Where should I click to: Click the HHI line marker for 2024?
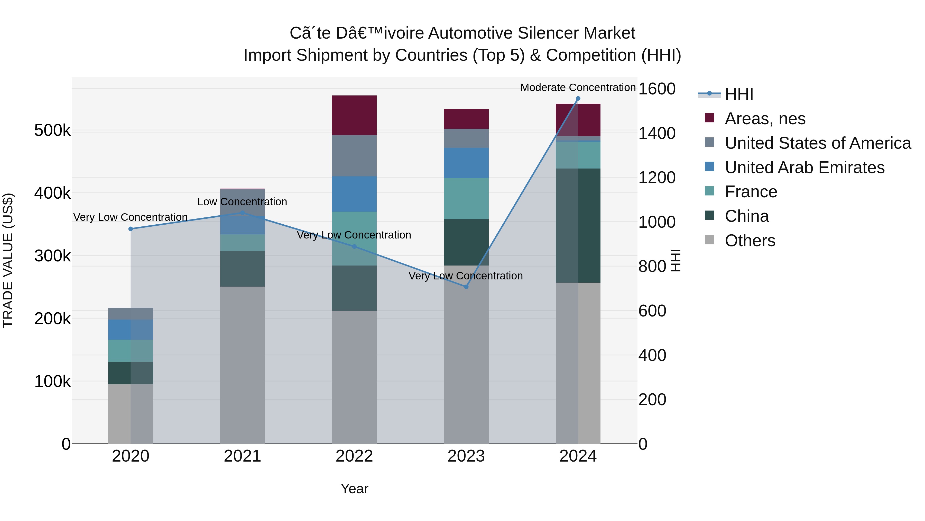[578, 99]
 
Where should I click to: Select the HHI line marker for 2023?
[466, 287]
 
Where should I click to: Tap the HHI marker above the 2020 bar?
[131, 229]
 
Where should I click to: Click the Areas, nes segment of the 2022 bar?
[354, 115]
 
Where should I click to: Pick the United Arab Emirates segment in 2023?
[466, 163]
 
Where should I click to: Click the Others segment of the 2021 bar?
[242, 365]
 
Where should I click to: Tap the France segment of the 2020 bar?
[131, 351]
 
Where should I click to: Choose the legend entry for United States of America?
[818, 143]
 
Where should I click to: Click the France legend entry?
[751, 192]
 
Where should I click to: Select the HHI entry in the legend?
[739, 94]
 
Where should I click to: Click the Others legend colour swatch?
[709, 240]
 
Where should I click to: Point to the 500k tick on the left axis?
[52, 130]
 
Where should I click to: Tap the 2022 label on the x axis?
[354, 456]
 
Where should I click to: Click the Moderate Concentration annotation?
[578, 87]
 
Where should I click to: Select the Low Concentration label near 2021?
[242, 202]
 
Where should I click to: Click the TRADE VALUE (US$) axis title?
[8, 260]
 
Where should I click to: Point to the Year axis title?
[354, 489]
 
